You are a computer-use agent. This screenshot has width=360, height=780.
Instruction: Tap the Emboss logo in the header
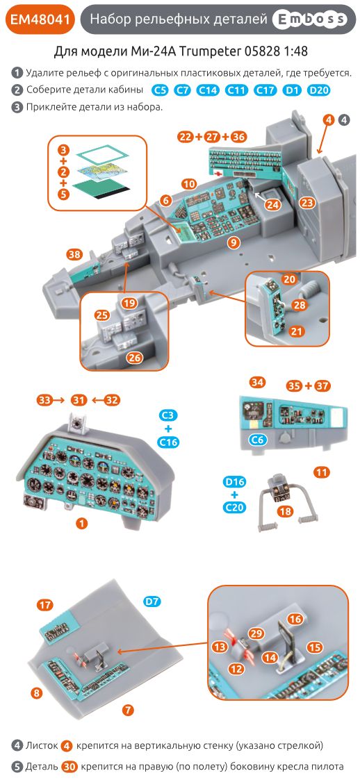(309, 21)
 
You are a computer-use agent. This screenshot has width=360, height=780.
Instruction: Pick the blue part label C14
(208, 90)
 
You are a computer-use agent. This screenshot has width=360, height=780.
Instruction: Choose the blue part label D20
(318, 90)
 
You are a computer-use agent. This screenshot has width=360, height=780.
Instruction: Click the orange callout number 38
(74, 254)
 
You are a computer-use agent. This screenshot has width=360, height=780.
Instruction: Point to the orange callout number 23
(307, 202)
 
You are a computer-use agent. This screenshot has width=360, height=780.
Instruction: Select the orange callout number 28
(299, 305)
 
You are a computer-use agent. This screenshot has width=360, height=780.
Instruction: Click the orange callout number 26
(134, 358)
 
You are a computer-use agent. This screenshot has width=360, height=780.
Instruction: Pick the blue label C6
(257, 439)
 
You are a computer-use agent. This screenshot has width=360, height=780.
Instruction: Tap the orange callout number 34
(257, 382)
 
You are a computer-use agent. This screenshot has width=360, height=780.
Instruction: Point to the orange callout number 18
(284, 511)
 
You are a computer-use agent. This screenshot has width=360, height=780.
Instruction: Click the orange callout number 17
(45, 605)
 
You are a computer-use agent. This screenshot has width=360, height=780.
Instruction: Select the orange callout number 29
(256, 633)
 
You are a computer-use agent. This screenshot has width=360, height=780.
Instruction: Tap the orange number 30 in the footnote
(68, 767)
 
